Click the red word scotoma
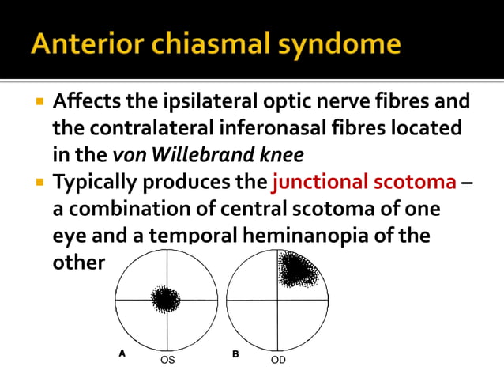point(416,182)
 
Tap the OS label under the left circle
point(167,360)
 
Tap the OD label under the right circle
point(278,360)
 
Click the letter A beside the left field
point(122,354)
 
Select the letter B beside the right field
point(235,354)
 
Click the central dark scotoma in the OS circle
point(165,300)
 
